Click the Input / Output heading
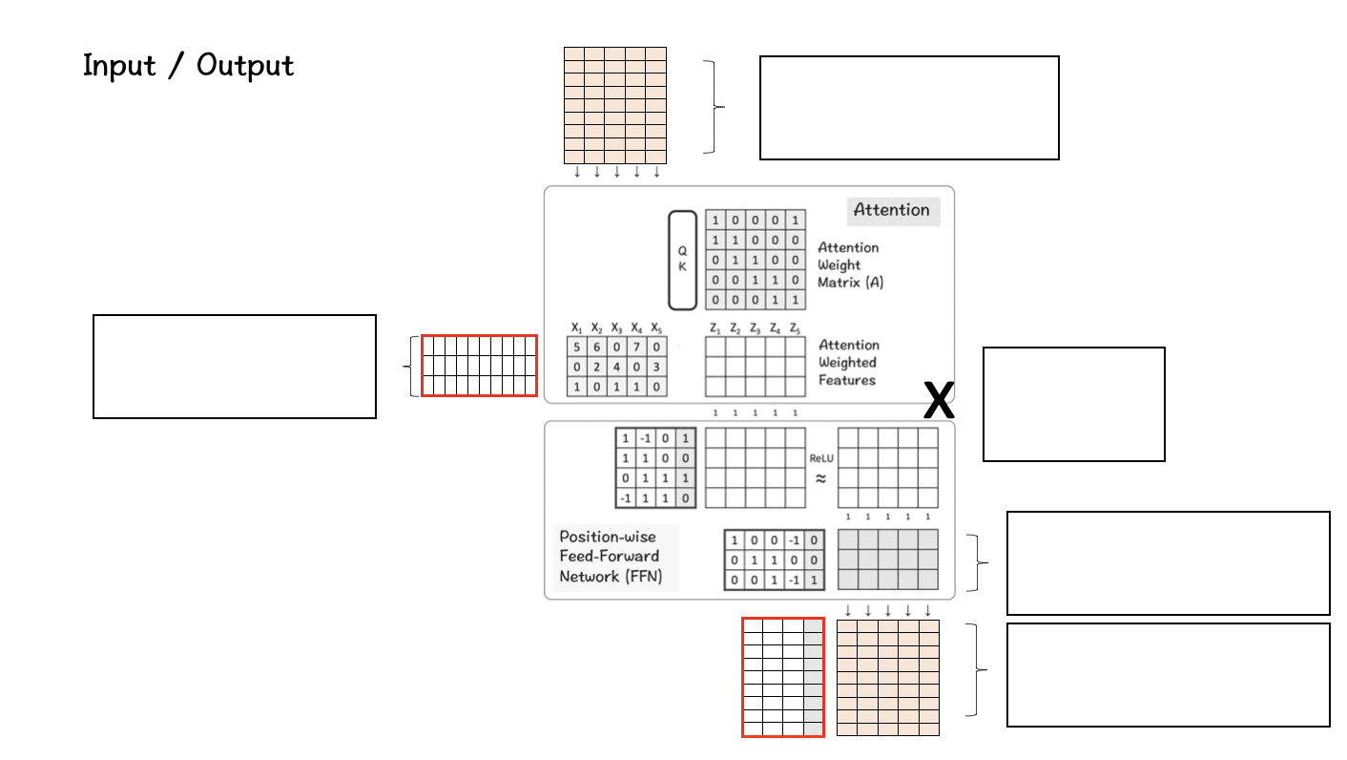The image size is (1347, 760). coord(188,66)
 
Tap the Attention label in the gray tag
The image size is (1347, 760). coord(891,210)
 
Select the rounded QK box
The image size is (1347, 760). coord(682,260)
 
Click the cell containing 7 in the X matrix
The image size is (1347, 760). coord(637,348)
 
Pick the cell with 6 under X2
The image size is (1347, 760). coord(597,348)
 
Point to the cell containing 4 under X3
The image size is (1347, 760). coord(617,367)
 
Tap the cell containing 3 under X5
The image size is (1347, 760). coord(657,367)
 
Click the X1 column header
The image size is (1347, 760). coord(576,327)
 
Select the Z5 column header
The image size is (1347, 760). coord(795,328)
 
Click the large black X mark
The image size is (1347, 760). coord(940,401)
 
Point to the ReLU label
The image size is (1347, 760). coord(820,458)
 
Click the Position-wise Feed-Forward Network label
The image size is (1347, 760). coord(609,557)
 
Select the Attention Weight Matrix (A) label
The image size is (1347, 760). coord(848,264)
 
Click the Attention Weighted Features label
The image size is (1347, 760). coord(848,362)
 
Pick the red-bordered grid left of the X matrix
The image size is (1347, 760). coord(479,366)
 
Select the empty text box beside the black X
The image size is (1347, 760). coord(1073,404)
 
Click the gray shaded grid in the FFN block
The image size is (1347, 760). coord(887,559)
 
